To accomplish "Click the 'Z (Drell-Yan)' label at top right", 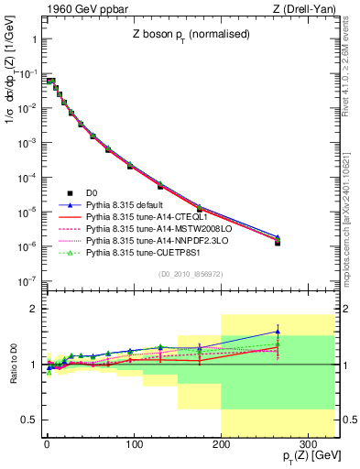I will (304, 10).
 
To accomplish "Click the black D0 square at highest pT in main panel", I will (278, 243).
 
